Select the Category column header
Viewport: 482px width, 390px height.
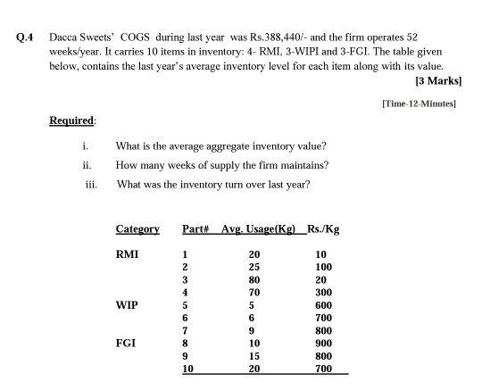point(137,229)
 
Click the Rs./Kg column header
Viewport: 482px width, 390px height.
point(322,229)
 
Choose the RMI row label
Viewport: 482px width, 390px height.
point(128,253)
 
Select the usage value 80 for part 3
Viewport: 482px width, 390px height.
point(254,278)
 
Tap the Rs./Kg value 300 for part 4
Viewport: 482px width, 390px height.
point(323,291)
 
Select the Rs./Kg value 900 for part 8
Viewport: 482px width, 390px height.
point(323,341)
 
